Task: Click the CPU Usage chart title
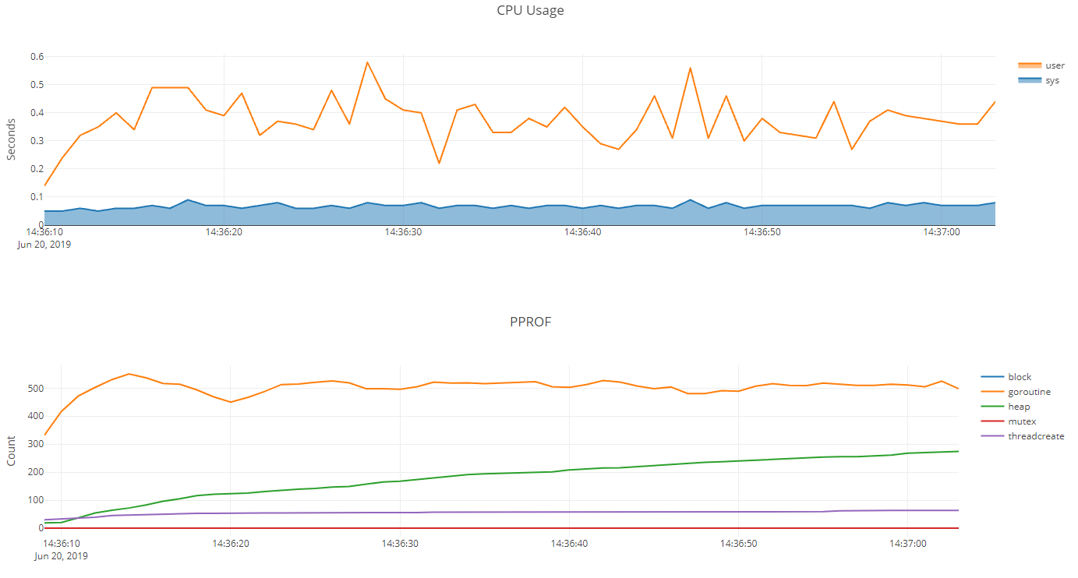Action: tap(530, 11)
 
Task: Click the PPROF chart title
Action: tap(530, 322)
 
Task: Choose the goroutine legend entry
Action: tap(1029, 392)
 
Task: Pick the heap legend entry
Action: tap(1019, 407)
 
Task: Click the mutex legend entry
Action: tap(1022, 421)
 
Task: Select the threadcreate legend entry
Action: tap(1036, 436)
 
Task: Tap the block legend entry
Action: tap(1020, 377)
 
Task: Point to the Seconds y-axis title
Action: tap(11, 139)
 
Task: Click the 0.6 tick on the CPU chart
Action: tap(37, 57)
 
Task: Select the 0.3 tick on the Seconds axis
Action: tap(37, 141)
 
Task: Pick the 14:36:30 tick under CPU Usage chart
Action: tap(402, 232)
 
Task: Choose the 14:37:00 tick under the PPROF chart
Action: tap(909, 543)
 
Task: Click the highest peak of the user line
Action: tap(367, 62)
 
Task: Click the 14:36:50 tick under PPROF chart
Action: tap(740, 543)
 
